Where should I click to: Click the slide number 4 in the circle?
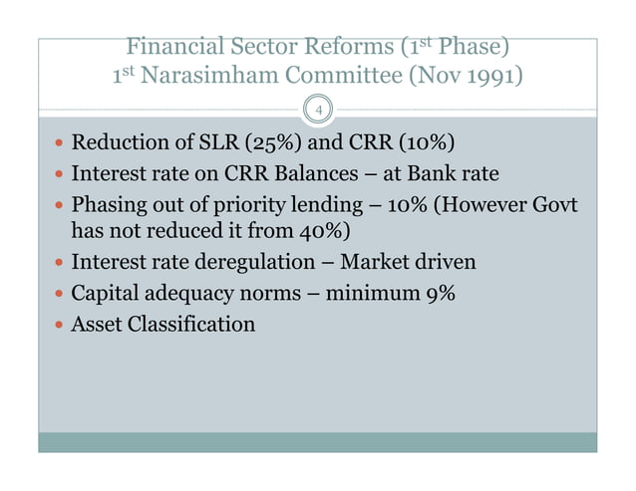tap(318, 110)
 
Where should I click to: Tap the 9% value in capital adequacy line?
tap(442, 294)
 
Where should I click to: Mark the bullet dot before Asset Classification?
tap(58, 326)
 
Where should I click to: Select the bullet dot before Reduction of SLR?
tap(58, 142)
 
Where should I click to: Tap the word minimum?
tap(378, 294)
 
